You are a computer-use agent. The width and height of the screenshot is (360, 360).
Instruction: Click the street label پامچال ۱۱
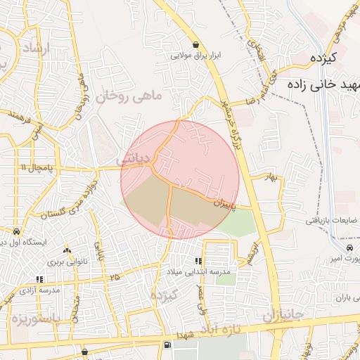tap(33, 167)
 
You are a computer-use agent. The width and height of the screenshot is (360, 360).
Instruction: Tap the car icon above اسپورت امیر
tap(349, 248)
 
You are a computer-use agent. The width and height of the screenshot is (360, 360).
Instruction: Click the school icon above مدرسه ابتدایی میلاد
tap(198, 261)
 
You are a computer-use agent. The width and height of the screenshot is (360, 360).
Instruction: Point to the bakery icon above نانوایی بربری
tap(67, 251)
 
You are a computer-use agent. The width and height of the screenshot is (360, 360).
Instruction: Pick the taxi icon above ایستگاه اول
tap(15, 231)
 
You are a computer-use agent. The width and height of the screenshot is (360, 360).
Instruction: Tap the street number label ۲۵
tap(115, 278)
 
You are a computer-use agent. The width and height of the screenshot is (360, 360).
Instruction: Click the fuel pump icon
tap(167, 345)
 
